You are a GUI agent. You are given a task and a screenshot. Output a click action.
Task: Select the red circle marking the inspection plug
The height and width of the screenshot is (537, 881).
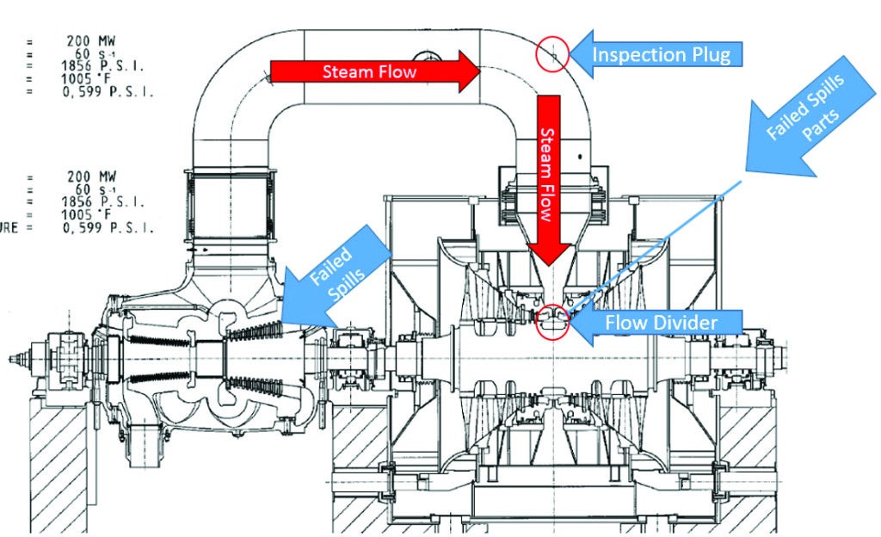tap(552, 55)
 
